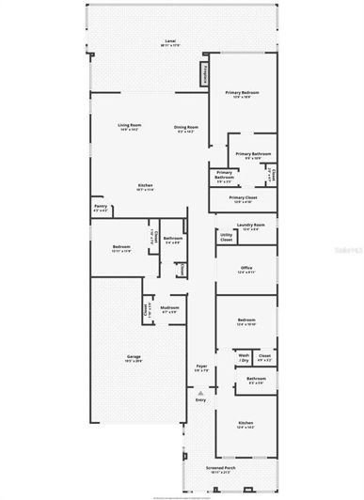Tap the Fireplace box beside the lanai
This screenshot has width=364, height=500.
pyautogui.click(x=203, y=73)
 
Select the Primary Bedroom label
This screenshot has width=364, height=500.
pyautogui.click(x=242, y=94)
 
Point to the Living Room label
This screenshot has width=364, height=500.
pyautogui.click(x=129, y=127)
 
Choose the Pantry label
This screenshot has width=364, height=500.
pyautogui.click(x=100, y=207)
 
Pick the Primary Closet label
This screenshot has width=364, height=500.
pyautogui.click(x=242, y=199)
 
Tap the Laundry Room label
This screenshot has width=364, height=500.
pyautogui.click(x=250, y=226)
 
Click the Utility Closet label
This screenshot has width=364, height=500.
pyautogui.click(x=227, y=240)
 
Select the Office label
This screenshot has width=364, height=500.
pyautogui.click(x=246, y=269)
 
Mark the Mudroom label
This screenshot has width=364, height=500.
pyautogui.click(x=169, y=309)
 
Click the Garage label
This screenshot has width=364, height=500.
pyautogui.click(x=134, y=357)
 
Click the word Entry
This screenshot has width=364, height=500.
pyautogui.click(x=200, y=401)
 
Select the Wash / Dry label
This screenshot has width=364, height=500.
pyautogui.click(x=243, y=358)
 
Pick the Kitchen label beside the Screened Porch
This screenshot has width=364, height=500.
pyautogui.click(x=245, y=425)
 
